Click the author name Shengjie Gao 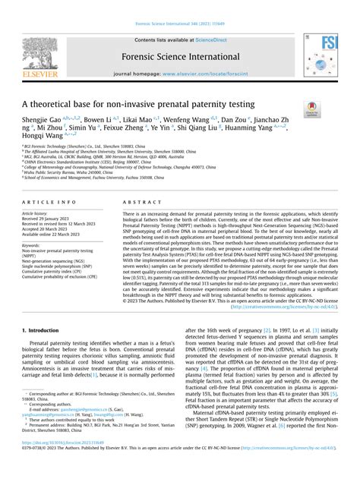[x=43, y=121]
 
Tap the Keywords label [x=31, y=245]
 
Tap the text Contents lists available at [x=166, y=39]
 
